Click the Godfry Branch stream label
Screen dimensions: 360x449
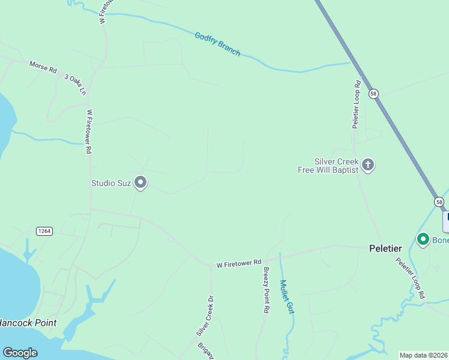(217, 44)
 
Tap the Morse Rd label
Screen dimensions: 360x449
(43, 67)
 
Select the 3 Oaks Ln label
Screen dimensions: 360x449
(76, 85)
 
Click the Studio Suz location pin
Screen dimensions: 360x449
(140, 182)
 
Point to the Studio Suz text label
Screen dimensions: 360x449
(110, 183)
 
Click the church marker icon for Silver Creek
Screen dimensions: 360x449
(368, 164)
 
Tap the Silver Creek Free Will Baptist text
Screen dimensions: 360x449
(328, 166)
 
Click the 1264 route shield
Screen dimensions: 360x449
(44, 231)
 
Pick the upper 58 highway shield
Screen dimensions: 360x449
(374, 94)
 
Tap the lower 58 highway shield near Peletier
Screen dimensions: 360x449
(439, 202)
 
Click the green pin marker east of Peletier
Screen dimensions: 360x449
(423, 240)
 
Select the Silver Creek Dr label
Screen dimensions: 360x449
(205, 316)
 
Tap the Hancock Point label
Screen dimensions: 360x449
(28, 323)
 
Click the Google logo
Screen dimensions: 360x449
(20, 353)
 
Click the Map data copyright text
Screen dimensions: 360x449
(424, 355)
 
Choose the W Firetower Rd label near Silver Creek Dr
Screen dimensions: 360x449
(239, 263)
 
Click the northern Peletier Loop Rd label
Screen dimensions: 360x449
(357, 104)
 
